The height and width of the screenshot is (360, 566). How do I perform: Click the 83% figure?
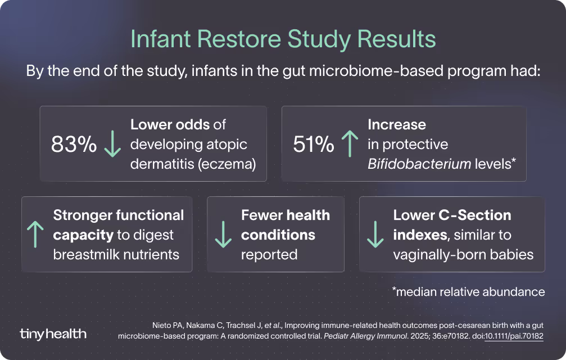[74, 145]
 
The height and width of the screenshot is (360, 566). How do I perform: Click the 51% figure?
[314, 145]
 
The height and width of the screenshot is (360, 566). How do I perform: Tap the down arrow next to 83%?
[112, 145]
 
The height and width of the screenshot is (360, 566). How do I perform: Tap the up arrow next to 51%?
[350, 145]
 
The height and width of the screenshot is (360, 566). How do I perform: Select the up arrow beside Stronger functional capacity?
[35, 235]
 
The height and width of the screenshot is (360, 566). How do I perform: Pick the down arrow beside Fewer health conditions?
[223, 235]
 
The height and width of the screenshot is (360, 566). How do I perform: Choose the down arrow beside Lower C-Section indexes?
[374, 235]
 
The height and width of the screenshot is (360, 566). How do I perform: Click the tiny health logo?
[53, 334]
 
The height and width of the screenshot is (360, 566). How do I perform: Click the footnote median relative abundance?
[468, 292]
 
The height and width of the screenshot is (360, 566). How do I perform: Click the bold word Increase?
[397, 124]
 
